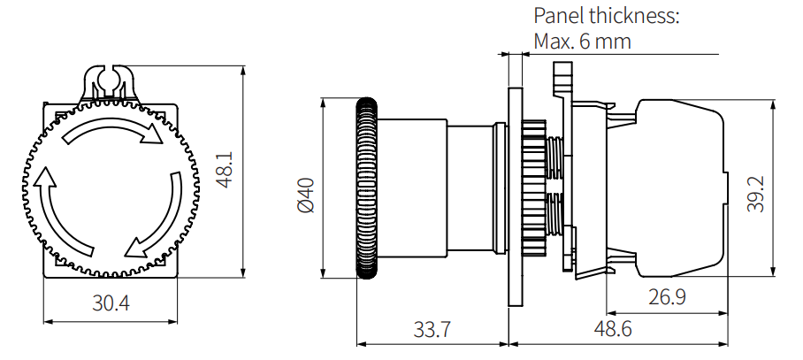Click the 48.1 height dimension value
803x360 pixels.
click(226, 169)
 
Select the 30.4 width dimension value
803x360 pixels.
click(111, 303)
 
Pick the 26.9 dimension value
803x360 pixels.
click(667, 297)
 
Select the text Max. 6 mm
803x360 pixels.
click(582, 42)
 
